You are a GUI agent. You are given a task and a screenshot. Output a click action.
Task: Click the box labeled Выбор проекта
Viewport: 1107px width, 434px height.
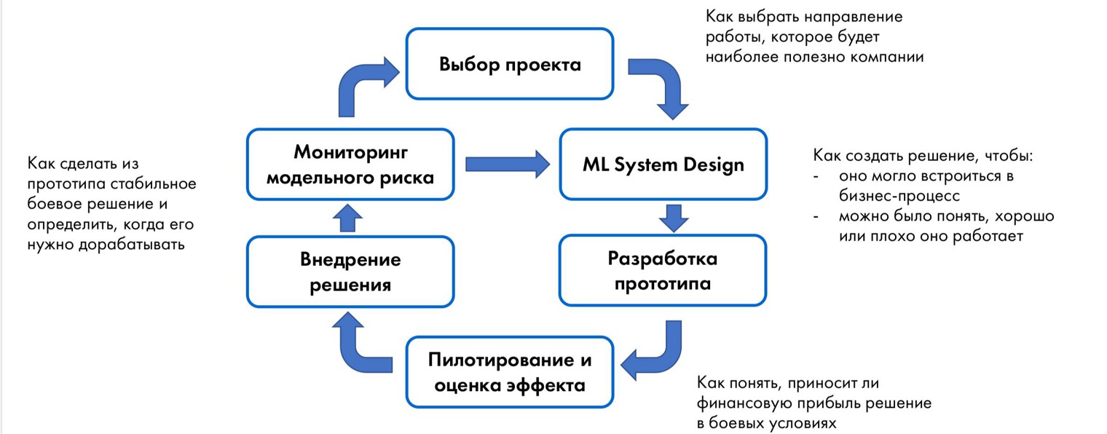pos(510,64)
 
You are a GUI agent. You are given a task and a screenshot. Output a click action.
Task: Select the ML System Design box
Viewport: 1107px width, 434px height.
pos(663,164)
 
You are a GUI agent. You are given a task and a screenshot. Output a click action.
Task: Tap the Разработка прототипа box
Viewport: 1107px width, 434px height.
pos(663,270)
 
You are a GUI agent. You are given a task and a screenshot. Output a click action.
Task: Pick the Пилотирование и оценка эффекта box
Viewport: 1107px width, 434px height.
pos(510,372)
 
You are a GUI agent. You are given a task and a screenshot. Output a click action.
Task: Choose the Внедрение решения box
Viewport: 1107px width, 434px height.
pos(350,271)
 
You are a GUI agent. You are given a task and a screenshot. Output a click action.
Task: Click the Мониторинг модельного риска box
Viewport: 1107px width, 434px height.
pos(350,164)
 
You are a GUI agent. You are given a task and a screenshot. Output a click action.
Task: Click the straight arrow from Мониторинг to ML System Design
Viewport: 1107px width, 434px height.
pos(507,164)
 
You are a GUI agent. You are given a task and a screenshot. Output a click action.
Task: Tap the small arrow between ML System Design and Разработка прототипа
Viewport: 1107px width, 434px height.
pos(674,217)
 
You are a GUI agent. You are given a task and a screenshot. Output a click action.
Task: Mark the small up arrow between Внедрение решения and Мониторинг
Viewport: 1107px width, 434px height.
pos(351,218)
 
